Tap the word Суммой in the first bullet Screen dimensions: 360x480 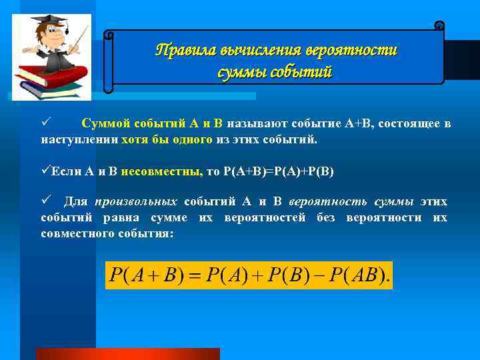pyautogui.click(x=107, y=124)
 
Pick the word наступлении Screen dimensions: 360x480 pyautogui.click(x=79, y=141)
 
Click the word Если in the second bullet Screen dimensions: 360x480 pyautogui.click(x=67, y=171)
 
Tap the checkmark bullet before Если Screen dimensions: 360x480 pyautogui.click(x=46, y=171)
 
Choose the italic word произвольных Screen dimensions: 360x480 pyautogui.click(x=137, y=202)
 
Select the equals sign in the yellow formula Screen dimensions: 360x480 pyautogui.click(x=194, y=275)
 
